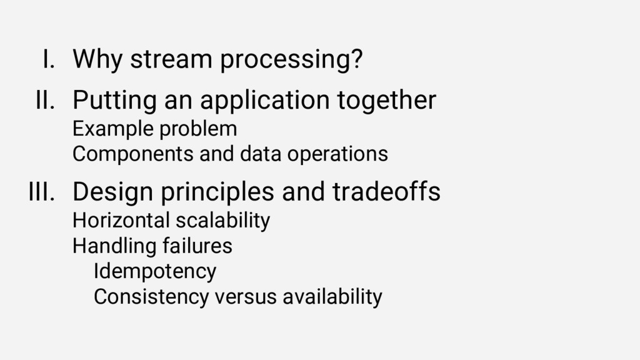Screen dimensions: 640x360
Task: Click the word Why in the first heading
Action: [x=97, y=59]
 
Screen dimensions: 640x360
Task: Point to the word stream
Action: [x=171, y=59]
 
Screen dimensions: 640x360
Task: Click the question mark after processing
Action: [x=356, y=59]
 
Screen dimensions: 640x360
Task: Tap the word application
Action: [x=265, y=101]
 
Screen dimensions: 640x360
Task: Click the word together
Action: [x=386, y=101]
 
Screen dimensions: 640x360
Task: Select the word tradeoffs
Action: [x=386, y=191]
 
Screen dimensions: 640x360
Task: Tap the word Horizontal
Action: [x=121, y=221]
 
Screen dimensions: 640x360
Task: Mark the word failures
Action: [x=197, y=246]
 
